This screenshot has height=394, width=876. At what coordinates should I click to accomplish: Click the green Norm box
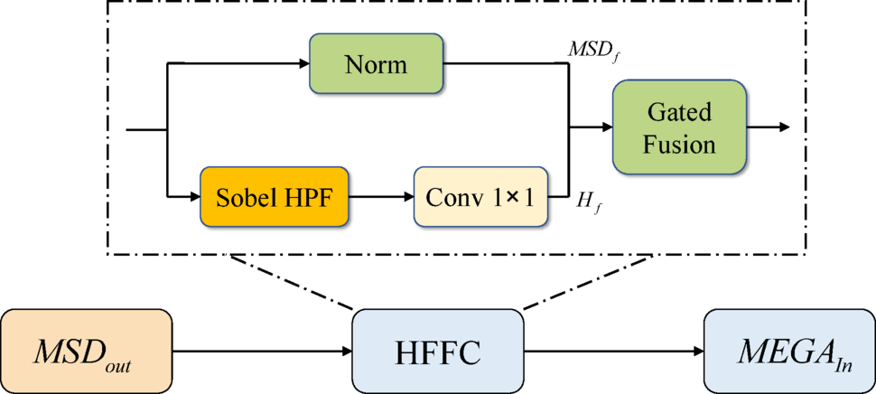pos(376,64)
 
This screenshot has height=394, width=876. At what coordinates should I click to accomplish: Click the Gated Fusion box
pos(680,127)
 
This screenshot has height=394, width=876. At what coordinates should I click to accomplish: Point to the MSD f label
pos(592,51)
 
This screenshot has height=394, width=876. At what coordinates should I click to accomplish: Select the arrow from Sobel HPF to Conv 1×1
pos(380,195)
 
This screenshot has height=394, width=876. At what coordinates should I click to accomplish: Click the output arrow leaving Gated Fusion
pos(768,127)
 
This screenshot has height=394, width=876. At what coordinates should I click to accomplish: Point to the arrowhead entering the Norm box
pos(303,64)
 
